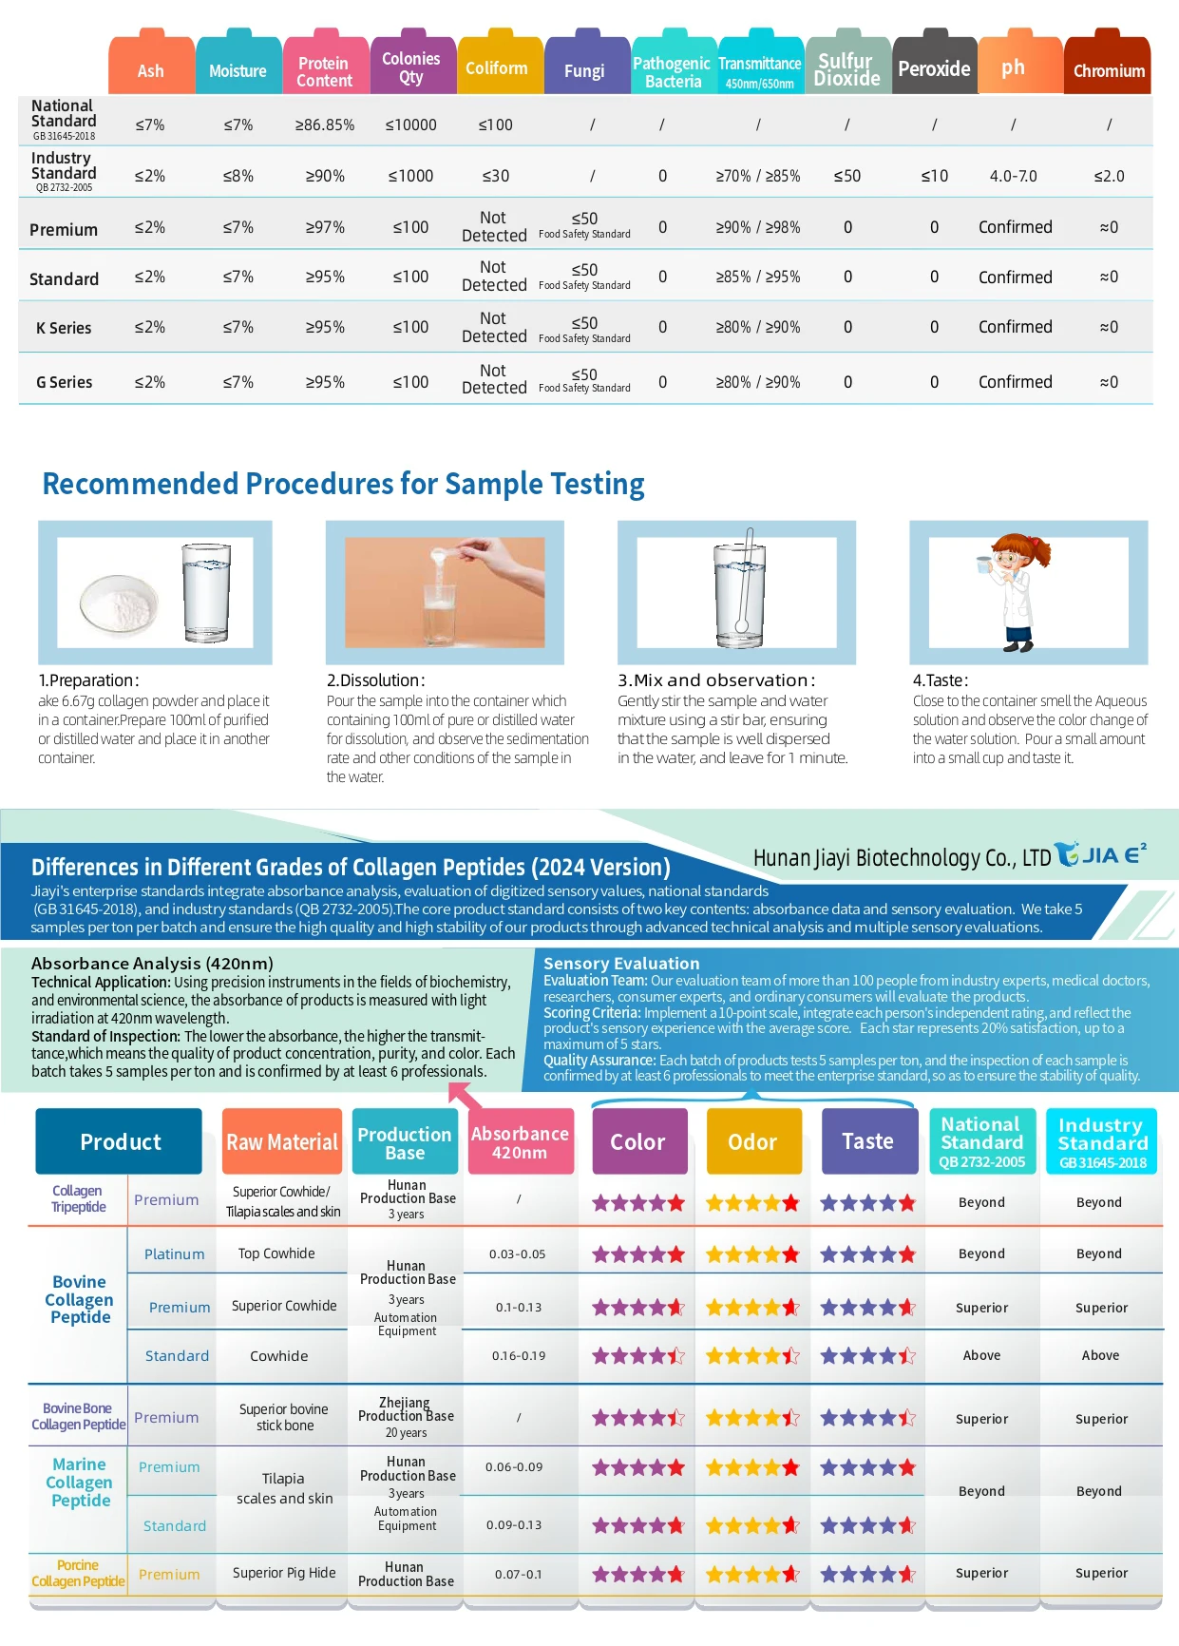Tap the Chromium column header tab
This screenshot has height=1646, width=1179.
click(1108, 68)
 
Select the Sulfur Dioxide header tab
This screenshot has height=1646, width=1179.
click(847, 68)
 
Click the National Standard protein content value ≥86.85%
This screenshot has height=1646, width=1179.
click(325, 125)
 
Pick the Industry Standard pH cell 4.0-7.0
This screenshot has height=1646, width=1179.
click(1013, 176)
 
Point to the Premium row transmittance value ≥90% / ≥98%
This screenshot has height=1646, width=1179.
click(757, 228)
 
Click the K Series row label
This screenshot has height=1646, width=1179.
click(64, 328)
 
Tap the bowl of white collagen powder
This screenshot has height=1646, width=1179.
click(118, 604)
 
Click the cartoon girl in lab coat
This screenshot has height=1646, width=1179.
click(1015, 592)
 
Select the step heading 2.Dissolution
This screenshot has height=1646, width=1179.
click(375, 680)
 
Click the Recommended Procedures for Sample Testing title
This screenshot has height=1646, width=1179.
click(343, 484)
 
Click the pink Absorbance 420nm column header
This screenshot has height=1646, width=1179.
click(520, 1142)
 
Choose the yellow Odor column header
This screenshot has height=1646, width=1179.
click(752, 1142)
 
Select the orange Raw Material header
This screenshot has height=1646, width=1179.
click(281, 1142)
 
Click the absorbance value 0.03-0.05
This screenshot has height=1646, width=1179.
click(517, 1254)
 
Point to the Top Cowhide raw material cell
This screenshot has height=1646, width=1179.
click(276, 1254)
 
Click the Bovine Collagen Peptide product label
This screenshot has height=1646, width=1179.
click(80, 1299)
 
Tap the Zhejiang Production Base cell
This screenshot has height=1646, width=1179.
click(406, 1416)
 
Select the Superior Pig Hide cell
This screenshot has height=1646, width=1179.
click(284, 1573)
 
